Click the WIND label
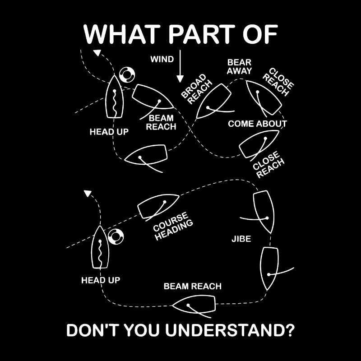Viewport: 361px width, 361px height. tap(162, 59)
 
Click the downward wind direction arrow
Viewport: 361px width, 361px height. tap(180, 66)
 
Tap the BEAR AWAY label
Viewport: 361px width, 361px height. tap(239, 66)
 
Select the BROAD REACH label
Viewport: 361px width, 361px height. tap(196, 89)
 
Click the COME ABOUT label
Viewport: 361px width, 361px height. tap(257, 124)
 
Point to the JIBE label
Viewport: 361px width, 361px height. tap(241, 239)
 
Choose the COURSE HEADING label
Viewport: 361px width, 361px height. tap(173, 227)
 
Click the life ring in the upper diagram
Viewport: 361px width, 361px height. tap(127, 74)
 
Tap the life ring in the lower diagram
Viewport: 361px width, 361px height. tap(116, 237)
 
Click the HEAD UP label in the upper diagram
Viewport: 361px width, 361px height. tap(109, 132)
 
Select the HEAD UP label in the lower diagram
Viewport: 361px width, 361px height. tap(101, 280)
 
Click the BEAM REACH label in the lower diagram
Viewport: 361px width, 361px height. tap(193, 286)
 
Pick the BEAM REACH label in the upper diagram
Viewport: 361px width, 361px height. tap(161, 122)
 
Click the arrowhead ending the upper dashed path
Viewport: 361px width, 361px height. tap(97, 53)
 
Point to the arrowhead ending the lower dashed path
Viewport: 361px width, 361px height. tap(88, 194)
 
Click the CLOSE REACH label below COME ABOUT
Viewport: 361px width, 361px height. tap(268, 164)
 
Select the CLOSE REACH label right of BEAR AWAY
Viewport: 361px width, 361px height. tap(278, 82)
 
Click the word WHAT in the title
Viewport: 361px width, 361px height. tap(122, 34)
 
